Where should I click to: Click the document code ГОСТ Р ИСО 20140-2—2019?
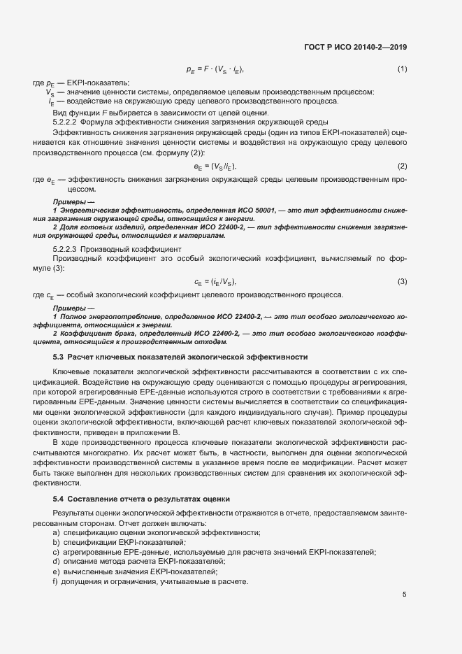355,47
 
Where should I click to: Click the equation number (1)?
402,69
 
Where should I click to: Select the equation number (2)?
402,166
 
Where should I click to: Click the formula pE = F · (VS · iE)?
215,69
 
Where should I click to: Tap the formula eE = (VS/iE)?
215,166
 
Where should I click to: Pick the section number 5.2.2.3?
66,249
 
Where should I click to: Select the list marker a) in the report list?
56,533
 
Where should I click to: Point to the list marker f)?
55,581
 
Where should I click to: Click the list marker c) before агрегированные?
56,553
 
